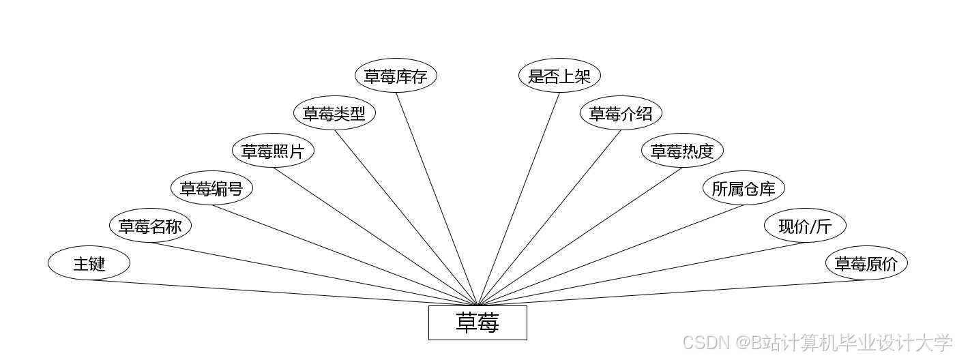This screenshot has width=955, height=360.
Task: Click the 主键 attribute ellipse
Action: (89, 263)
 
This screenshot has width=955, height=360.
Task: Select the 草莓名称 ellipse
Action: (150, 226)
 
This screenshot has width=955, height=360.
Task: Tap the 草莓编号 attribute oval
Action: (211, 188)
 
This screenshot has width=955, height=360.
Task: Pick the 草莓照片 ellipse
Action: (273, 151)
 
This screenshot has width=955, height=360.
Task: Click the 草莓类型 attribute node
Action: (334, 113)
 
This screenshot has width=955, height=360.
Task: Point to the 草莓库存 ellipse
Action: (396, 76)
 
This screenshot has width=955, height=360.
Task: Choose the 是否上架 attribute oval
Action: (559, 76)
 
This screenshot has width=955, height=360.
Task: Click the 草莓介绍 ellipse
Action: (621, 113)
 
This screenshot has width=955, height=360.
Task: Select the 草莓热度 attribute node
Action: (682, 151)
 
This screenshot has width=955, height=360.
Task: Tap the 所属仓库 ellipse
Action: (744, 188)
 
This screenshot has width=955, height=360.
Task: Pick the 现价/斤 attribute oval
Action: (805, 226)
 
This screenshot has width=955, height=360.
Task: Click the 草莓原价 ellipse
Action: (866, 263)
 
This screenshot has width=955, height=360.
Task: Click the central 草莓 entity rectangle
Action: (477, 322)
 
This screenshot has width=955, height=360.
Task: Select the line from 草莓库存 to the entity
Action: (437, 198)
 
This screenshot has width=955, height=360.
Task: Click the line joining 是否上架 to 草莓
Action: (518, 198)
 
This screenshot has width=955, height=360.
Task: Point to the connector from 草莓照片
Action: (375, 236)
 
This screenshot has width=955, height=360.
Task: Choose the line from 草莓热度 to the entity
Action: (580, 236)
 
